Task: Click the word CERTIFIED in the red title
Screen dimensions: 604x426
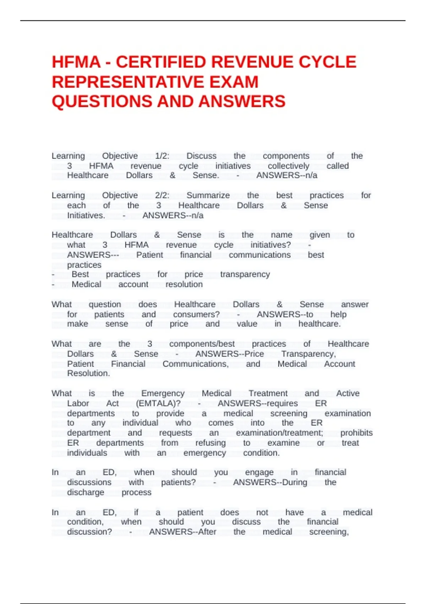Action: (161, 62)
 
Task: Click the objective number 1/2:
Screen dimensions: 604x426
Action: (162, 156)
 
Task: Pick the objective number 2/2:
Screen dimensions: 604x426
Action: (162, 195)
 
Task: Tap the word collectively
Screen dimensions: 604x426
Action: (288, 166)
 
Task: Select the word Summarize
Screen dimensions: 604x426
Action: (208, 195)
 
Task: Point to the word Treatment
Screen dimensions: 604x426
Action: (268, 393)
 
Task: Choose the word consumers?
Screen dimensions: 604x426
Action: (196, 314)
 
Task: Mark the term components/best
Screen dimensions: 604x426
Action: (202, 344)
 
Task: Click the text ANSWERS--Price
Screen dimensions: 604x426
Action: (230, 354)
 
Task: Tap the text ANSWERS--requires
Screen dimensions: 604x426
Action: (258, 404)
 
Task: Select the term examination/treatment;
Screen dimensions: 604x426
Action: (279, 433)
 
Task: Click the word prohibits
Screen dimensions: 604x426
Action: (356, 433)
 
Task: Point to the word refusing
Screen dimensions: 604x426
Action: (211, 443)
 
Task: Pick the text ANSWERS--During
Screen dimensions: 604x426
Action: (270, 482)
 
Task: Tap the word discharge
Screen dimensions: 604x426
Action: (86, 492)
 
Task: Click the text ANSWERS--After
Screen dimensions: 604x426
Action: (182, 532)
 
